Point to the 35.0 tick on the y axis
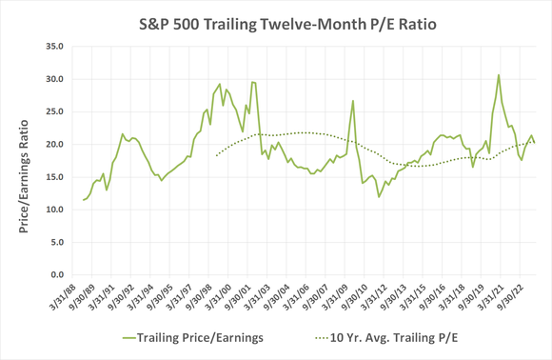click(53, 46)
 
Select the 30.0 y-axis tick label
click(53, 78)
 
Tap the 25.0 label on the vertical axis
click(53, 111)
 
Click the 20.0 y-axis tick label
click(53, 144)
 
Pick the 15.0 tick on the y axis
click(53, 177)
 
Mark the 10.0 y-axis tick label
click(53, 210)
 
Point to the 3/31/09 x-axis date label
click(329, 299)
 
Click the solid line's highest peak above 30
click(499, 74)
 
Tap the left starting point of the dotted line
click(217, 155)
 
